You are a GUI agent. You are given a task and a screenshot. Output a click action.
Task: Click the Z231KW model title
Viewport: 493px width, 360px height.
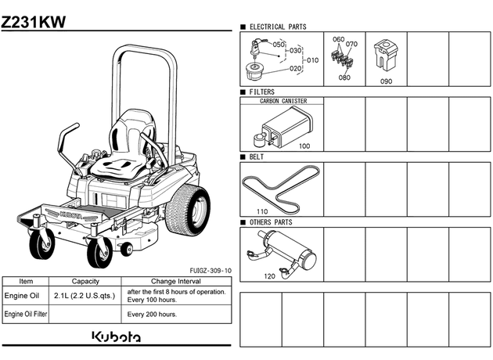[x=34, y=22]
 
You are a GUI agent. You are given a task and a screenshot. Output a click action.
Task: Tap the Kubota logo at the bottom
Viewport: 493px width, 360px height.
[x=117, y=337]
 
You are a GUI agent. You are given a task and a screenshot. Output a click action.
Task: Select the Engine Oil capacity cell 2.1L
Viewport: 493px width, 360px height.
[x=85, y=296]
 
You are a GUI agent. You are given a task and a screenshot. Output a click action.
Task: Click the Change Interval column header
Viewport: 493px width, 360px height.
[x=176, y=281]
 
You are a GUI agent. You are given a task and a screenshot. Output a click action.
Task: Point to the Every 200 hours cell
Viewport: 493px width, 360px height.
[x=152, y=314]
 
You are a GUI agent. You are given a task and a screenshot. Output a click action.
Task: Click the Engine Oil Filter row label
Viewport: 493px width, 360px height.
[x=26, y=314]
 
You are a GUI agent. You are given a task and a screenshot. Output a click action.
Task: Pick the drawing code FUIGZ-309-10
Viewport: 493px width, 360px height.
[x=211, y=271]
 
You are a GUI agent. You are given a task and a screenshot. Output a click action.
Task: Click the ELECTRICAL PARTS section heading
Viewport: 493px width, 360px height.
[x=278, y=27]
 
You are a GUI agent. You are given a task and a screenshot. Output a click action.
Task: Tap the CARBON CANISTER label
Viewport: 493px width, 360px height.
[x=283, y=101]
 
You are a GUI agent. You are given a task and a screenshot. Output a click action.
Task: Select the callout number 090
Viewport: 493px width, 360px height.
[x=386, y=81]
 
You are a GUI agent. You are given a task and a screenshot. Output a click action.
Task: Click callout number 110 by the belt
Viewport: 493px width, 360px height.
[x=262, y=211]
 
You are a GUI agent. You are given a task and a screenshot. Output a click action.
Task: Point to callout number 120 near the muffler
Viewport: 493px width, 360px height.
[x=269, y=276]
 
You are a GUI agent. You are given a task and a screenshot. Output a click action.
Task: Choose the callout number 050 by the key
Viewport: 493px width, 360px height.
[x=279, y=45]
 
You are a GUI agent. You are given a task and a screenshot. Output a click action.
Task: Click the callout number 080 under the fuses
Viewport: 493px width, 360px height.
[x=344, y=77]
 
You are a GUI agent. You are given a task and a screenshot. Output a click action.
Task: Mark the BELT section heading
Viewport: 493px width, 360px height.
[x=257, y=157]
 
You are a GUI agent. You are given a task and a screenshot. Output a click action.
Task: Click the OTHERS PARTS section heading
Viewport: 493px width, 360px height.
[x=271, y=222]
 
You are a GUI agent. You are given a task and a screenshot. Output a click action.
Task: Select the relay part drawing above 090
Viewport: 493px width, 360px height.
[x=386, y=55]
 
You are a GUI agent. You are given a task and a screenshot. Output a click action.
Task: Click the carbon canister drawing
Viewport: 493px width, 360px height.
[x=283, y=128]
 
